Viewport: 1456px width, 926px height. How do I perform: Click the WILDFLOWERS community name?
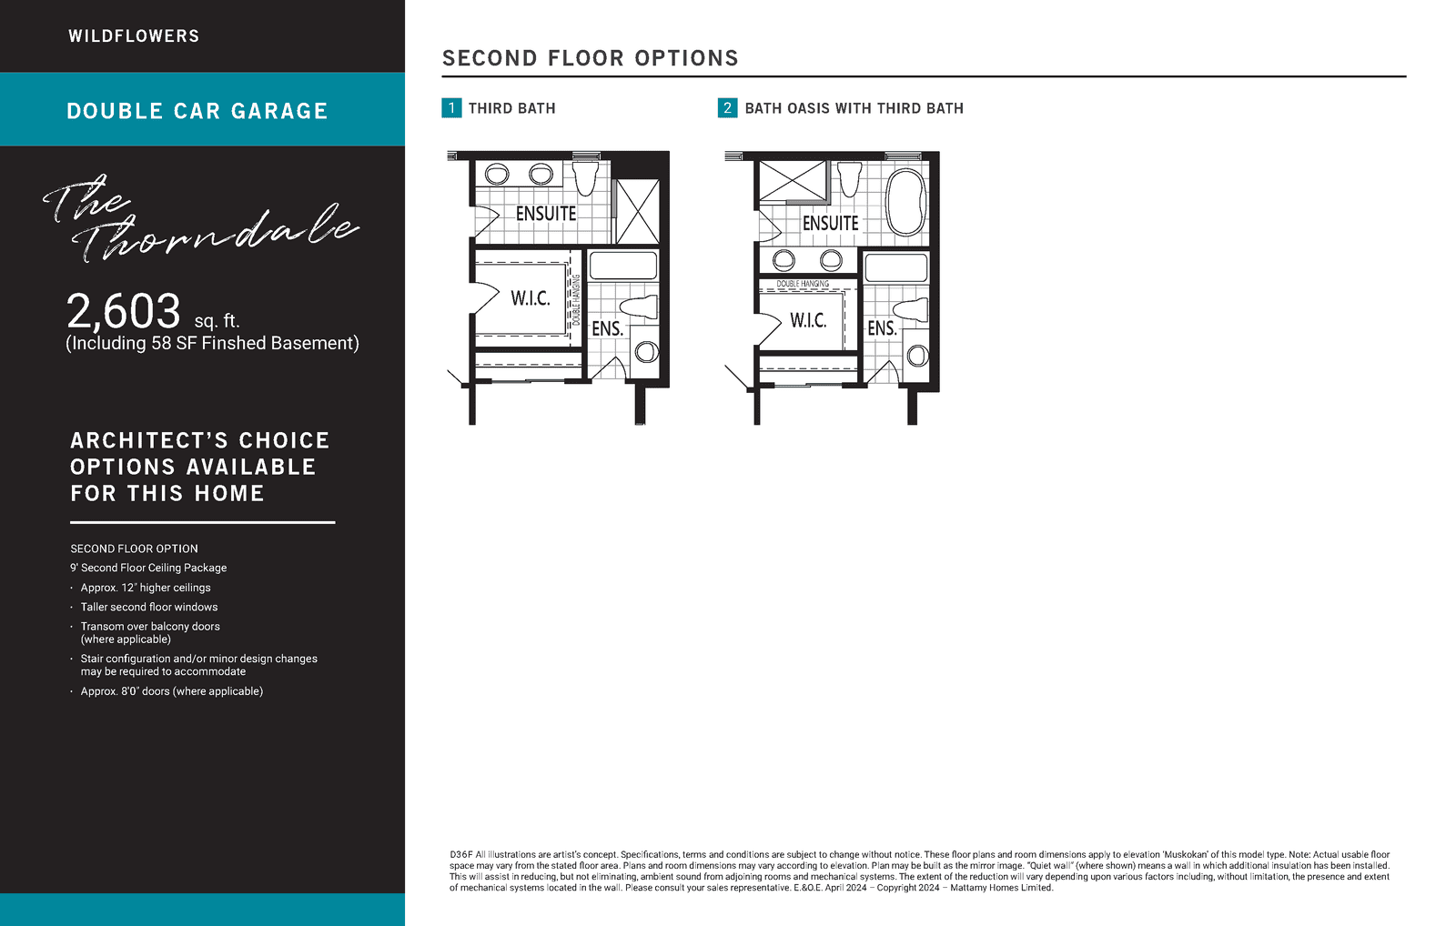pyautogui.click(x=134, y=36)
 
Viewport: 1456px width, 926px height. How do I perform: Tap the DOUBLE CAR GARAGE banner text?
pyautogui.click(x=197, y=111)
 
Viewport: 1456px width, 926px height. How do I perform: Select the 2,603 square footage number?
pyautogui.click(x=124, y=311)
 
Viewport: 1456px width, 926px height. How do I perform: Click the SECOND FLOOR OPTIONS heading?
pyautogui.click(x=591, y=58)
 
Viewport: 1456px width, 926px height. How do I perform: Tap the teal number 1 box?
pyautogui.click(x=451, y=108)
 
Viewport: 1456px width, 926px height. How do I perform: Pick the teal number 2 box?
pyautogui.click(x=727, y=108)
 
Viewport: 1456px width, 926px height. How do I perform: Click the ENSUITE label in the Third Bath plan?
pyautogui.click(x=546, y=214)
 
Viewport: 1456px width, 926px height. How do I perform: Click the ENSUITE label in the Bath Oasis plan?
pyautogui.click(x=830, y=224)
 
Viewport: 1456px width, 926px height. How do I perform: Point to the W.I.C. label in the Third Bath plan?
pyautogui.click(x=531, y=298)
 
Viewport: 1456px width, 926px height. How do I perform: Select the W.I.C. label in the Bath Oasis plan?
pyautogui.click(x=808, y=320)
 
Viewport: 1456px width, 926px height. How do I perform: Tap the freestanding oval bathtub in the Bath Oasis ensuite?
pyautogui.click(x=905, y=201)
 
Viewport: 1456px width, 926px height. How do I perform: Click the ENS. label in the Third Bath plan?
pyautogui.click(x=607, y=328)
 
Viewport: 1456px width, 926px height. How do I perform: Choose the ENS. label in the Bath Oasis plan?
pyautogui.click(x=882, y=328)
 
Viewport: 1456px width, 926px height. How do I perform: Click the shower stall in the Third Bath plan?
pyautogui.click(x=637, y=212)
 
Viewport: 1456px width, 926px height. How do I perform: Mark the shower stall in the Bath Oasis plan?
pyautogui.click(x=793, y=181)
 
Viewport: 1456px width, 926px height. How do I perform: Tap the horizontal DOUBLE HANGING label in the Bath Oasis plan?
pyautogui.click(x=803, y=284)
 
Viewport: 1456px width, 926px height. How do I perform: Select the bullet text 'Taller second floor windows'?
pyautogui.click(x=149, y=607)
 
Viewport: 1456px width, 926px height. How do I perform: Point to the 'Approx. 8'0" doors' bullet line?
pyautogui.click(x=172, y=691)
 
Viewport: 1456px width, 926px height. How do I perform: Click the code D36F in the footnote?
pyautogui.click(x=461, y=854)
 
